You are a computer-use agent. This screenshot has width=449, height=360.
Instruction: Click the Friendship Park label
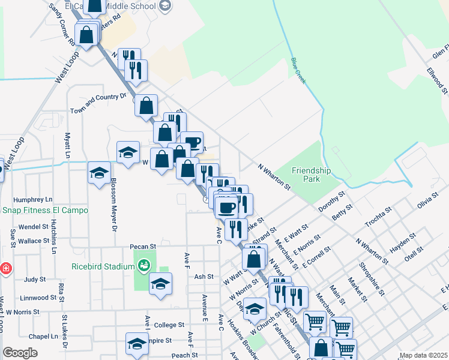(311, 175)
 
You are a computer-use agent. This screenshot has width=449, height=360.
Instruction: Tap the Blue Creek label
(297, 68)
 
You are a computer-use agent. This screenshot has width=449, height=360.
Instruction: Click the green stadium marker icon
(143, 265)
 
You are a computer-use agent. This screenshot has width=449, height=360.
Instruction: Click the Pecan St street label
(143, 246)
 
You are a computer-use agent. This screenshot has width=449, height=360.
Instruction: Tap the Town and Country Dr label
(98, 103)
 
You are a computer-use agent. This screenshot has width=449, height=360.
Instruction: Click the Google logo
(20, 353)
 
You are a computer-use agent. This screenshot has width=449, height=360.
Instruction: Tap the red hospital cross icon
(5, 268)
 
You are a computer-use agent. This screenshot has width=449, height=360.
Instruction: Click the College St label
(169, 325)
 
